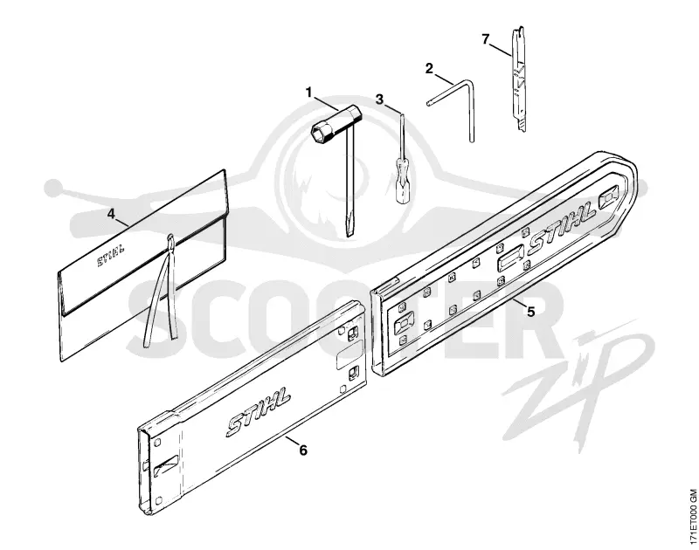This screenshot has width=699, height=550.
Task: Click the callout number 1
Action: (x=308, y=93)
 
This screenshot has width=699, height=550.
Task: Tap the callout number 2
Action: (x=429, y=69)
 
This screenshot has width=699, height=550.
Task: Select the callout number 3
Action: (x=379, y=100)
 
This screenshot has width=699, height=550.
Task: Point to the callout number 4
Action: (x=111, y=214)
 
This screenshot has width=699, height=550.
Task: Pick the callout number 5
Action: (x=530, y=312)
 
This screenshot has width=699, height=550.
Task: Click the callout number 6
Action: (x=302, y=450)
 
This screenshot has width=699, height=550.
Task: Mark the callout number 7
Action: (x=486, y=39)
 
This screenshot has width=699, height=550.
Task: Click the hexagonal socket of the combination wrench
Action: (x=321, y=133)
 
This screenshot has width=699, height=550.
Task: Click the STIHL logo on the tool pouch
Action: (x=111, y=255)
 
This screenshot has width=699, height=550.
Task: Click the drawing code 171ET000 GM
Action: (x=692, y=519)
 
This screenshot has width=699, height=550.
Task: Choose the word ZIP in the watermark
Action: (x=579, y=379)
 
